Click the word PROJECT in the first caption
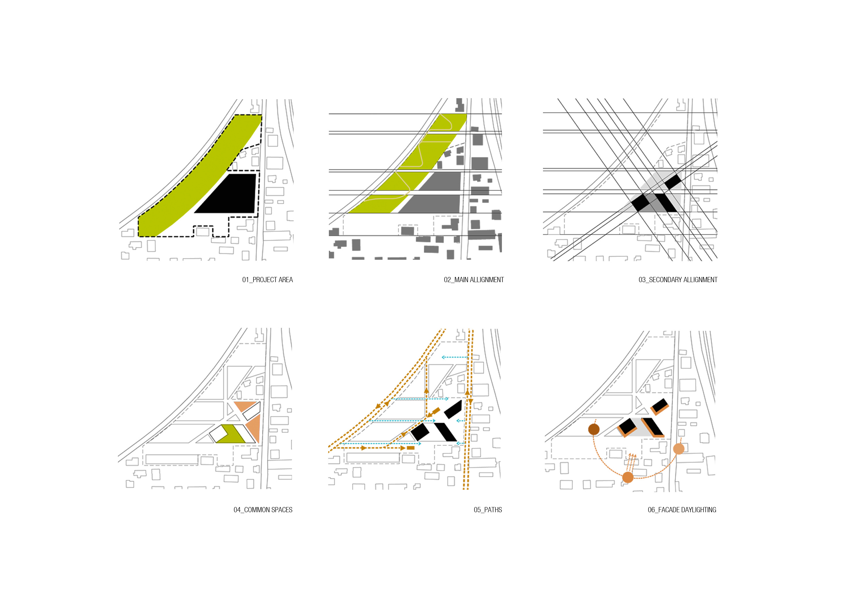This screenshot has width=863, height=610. pyautogui.click(x=264, y=280)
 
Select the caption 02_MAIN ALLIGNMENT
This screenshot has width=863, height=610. pyautogui.click(x=473, y=280)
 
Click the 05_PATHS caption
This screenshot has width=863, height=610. pyautogui.click(x=488, y=510)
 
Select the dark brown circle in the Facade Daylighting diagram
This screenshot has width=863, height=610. pyautogui.click(x=593, y=429)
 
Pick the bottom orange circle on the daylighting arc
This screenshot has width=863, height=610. pyautogui.click(x=628, y=477)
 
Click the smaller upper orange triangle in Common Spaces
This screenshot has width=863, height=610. pyautogui.click(x=245, y=406)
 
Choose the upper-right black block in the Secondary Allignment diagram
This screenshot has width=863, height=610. pyautogui.click(x=673, y=181)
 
